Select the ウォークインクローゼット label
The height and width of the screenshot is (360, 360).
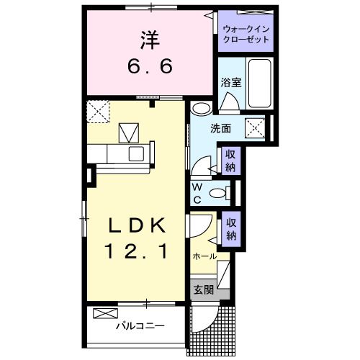(247, 33)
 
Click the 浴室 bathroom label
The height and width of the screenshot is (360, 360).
(231, 83)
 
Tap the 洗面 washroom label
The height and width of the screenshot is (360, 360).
(220, 130)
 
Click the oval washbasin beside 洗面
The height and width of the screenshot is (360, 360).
(202, 109)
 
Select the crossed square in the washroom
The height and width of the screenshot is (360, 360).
(257, 128)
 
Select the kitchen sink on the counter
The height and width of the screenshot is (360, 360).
(135, 153)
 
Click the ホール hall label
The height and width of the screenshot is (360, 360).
(204, 256)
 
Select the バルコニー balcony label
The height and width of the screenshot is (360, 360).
(141, 326)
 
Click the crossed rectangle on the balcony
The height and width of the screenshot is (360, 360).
(104, 314)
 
